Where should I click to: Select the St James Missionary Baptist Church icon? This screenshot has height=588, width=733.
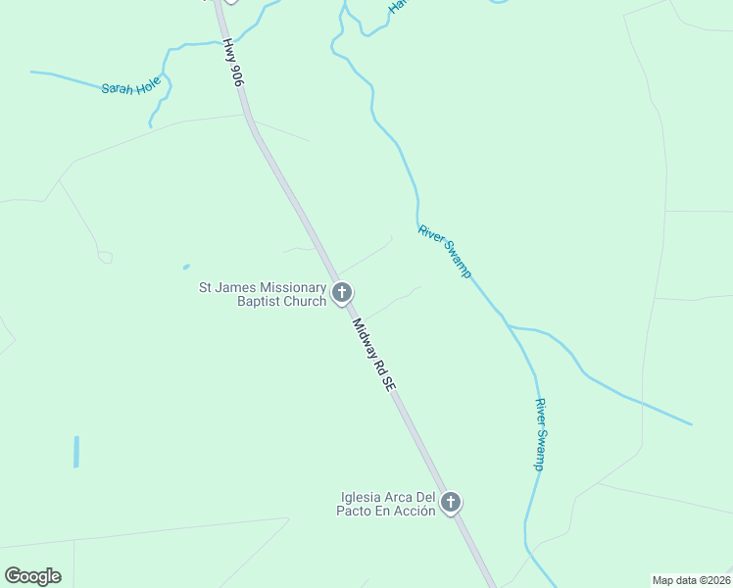click(x=342, y=292)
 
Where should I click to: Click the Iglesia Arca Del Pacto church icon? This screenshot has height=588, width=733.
click(x=451, y=503)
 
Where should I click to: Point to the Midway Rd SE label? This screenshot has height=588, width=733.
click(x=373, y=356)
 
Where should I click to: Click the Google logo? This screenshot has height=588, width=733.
click(x=32, y=576)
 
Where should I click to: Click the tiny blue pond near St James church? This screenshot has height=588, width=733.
click(x=186, y=266)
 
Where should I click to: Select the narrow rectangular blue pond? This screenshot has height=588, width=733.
click(x=76, y=451)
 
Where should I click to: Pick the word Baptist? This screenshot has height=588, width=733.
click(x=258, y=301)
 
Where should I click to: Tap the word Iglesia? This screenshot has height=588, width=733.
click(x=359, y=497)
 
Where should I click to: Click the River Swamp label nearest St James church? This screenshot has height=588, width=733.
click(x=445, y=251)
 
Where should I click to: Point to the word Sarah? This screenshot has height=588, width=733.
click(x=118, y=88)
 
